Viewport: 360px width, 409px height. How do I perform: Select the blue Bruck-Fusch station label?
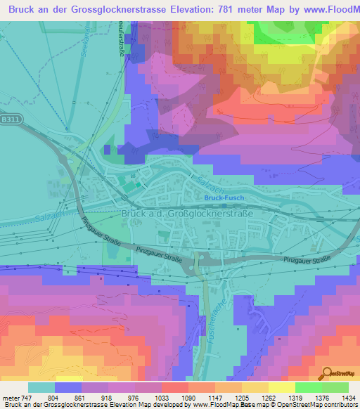(x=224, y=198)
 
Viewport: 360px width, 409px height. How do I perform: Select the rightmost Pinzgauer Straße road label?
(x=307, y=261)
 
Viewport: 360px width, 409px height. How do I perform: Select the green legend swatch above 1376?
(x=308, y=387)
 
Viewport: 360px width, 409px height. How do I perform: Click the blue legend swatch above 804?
(x=67, y=387)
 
